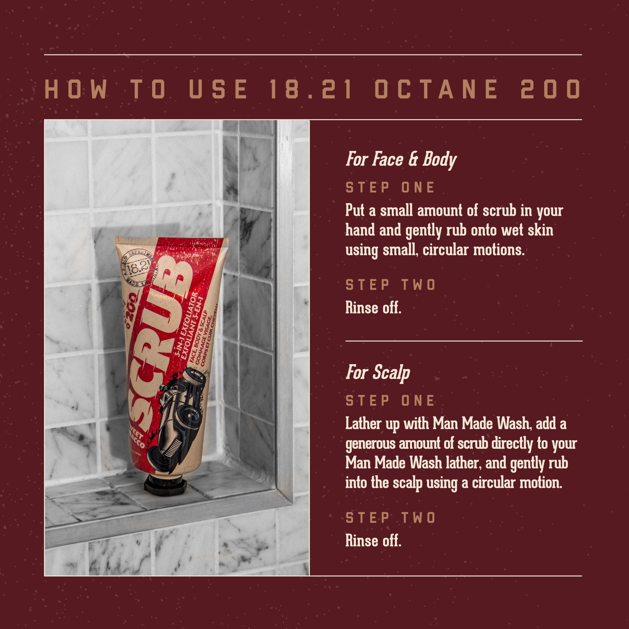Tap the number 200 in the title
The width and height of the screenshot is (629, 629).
click(550, 89)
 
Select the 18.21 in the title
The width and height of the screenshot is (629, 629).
click(311, 89)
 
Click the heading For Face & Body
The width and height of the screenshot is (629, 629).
click(401, 159)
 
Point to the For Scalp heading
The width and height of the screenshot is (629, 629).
click(378, 372)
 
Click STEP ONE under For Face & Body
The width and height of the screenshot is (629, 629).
click(390, 187)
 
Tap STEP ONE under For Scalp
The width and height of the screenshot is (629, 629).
click(390, 400)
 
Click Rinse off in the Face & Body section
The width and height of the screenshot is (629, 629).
click(373, 308)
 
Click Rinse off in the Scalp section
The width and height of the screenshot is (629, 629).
click(373, 541)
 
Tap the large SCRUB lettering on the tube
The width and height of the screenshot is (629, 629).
click(159, 348)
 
